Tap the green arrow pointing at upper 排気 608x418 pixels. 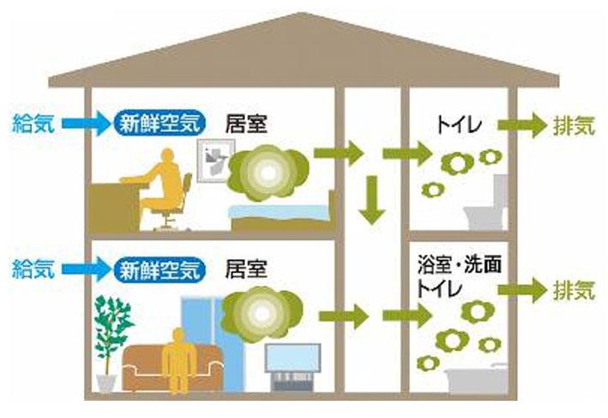(x=526, y=127)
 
